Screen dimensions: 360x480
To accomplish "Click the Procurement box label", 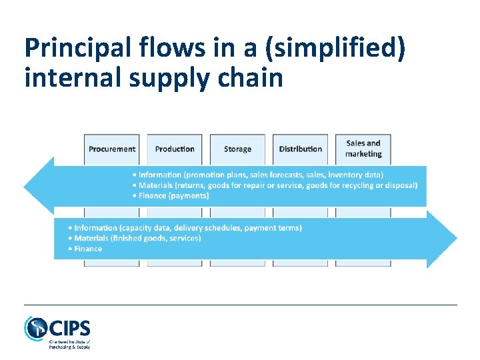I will (x=112, y=149).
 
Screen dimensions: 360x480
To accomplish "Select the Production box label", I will (x=175, y=149).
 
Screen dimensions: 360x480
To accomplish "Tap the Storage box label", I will (x=237, y=149).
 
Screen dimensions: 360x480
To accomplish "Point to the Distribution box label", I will (x=300, y=149).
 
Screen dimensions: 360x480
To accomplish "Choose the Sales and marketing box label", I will (x=363, y=149).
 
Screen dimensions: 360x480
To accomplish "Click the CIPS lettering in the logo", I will (x=69, y=328).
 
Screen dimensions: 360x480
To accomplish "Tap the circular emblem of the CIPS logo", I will (x=35, y=328).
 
